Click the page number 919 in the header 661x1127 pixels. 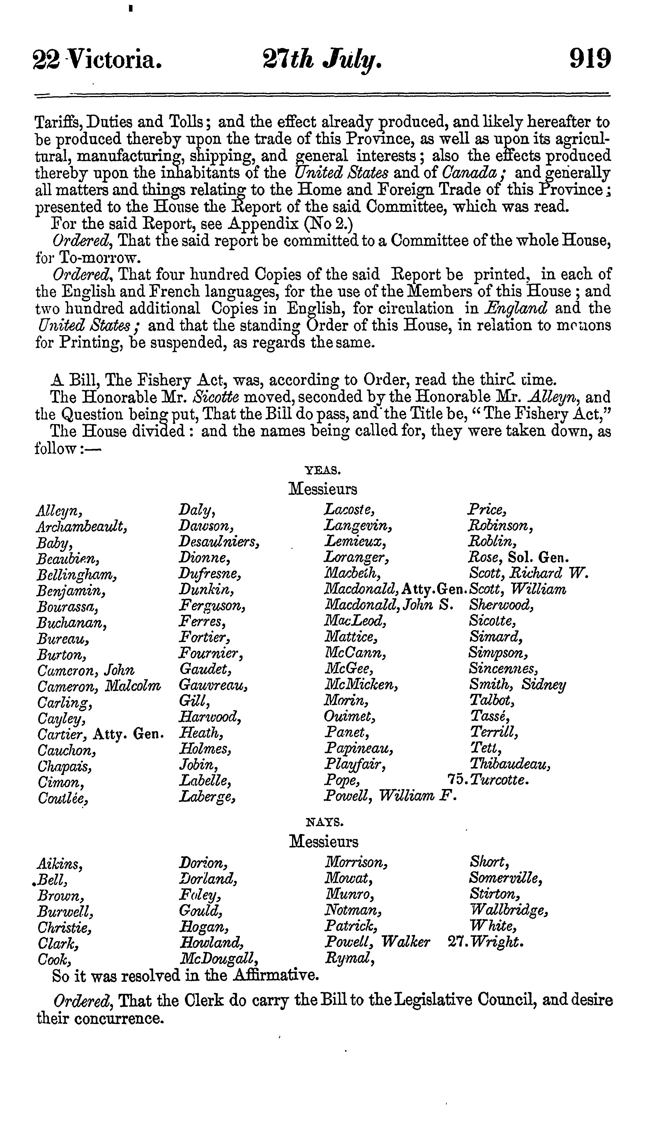[590, 58]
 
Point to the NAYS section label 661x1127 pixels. [324, 822]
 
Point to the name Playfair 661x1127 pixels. [355, 765]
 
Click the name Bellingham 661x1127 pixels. [77, 575]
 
